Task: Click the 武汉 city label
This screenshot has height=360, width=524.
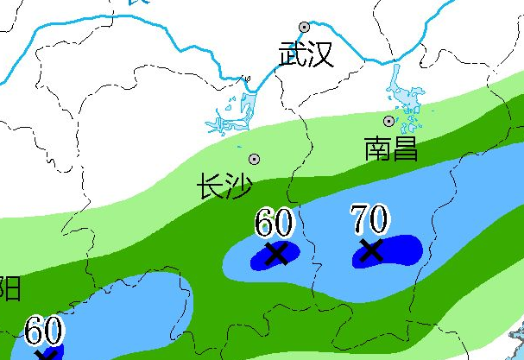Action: tap(306, 54)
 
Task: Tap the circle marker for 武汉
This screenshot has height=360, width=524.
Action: tap(304, 28)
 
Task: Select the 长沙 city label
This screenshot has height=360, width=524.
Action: tap(225, 186)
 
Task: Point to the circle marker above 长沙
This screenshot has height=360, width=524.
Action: tap(254, 159)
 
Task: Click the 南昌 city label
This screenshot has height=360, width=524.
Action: tap(391, 148)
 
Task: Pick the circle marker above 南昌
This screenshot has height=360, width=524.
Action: tap(388, 121)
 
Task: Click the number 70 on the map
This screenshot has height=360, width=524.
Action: tap(369, 219)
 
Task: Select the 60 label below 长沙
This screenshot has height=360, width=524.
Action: tap(275, 224)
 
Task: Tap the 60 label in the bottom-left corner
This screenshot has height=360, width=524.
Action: tap(43, 332)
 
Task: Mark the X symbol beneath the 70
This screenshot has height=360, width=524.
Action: tap(370, 250)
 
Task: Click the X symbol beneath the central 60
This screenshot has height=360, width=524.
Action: tap(276, 253)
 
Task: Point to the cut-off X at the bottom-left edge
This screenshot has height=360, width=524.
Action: tap(47, 354)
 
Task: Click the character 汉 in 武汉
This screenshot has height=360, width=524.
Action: tap(320, 54)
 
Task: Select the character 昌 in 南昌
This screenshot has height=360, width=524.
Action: tap(405, 148)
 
